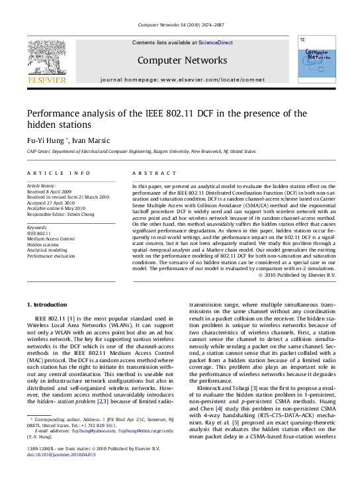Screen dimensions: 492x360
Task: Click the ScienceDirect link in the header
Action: [216, 42]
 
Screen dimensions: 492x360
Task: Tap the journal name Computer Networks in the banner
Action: [182, 60]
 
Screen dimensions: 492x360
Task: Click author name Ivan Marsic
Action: [90, 140]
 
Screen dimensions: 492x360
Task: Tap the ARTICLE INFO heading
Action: [59, 173]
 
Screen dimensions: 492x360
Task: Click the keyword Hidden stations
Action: [43, 244]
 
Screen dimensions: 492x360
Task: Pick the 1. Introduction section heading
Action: [46, 305]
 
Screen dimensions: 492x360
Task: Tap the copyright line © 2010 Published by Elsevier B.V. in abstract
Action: [297, 275]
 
